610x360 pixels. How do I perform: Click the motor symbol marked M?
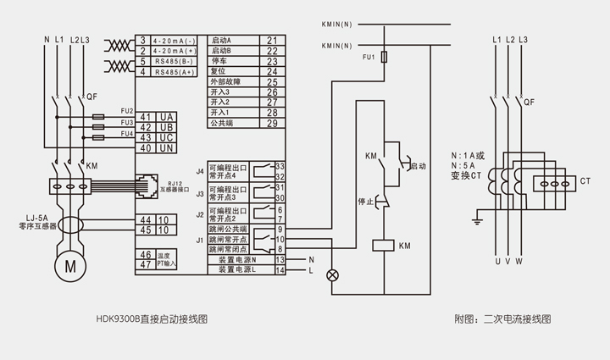point(65,267)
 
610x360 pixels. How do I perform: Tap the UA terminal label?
point(167,116)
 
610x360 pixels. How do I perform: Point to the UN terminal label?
point(167,148)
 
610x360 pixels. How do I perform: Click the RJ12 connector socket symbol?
point(141,182)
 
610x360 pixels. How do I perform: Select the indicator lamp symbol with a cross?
point(333,274)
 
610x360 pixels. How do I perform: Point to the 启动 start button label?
point(417,168)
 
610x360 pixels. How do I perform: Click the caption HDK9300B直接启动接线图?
point(152,320)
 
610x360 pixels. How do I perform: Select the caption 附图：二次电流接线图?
point(502,320)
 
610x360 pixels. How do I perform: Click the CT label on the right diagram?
point(585,181)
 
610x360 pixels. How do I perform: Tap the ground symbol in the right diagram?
point(479,222)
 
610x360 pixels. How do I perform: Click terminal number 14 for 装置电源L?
point(278,269)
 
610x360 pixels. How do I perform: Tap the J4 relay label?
point(201,172)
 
